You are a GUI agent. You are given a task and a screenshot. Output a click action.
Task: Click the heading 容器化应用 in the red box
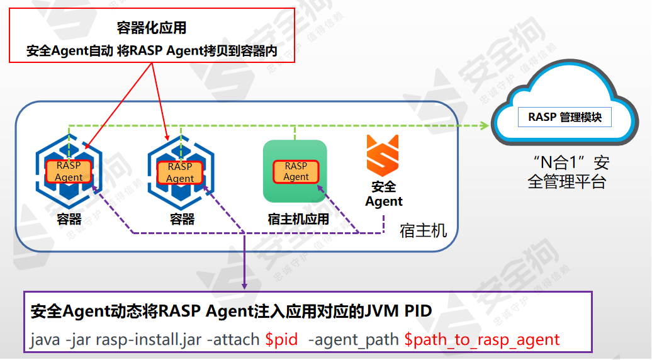pyautogui.click(x=152, y=28)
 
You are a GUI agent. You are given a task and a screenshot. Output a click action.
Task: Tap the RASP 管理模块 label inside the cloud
pyautogui.click(x=565, y=117)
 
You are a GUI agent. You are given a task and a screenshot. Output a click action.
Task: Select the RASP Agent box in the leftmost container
pyautogui.click(x=69, y=171)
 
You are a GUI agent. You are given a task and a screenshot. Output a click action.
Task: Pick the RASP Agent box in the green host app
pyautogui.click(x=296, y=171)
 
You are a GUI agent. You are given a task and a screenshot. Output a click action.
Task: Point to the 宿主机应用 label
pyautogui.click(x=298, y=219)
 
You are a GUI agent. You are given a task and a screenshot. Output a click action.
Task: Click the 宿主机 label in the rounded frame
pyautogui.click(x=423, y=230)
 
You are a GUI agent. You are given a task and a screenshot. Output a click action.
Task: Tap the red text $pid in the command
pyautogui.click(x=281, y=340)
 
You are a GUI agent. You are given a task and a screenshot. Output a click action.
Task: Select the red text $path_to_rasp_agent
pyautogui.click(x=481, y=340)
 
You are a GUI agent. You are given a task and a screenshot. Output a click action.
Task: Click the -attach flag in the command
pyautogui.click(x=233, y=340)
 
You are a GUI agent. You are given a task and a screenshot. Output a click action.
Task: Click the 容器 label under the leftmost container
pyautogui.click(x=69, y=219)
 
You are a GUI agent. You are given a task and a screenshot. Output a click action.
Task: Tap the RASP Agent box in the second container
pyautogui.click(x=180, y=172)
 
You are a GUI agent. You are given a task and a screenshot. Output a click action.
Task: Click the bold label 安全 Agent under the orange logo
pyautogui.click(x=383, y=194)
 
